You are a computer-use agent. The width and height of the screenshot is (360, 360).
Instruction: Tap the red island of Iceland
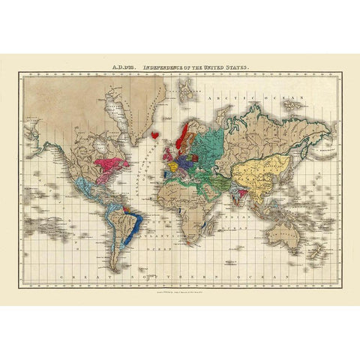tap(156, 135)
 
